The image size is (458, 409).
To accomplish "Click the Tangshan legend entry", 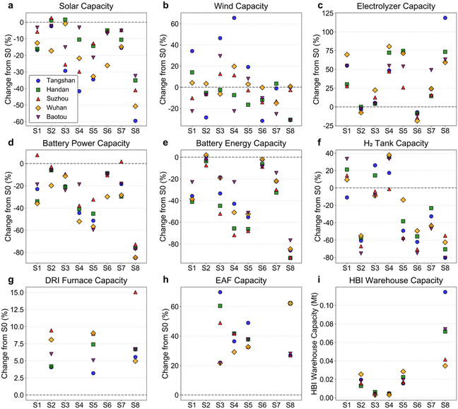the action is pos(54,81).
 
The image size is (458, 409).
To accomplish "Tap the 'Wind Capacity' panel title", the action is pos(241,6).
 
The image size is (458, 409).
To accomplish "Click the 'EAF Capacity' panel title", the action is pos(241,280).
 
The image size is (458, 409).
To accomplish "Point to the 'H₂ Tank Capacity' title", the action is pos(396,143).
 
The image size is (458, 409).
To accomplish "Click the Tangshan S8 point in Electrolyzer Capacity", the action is pos(445,18).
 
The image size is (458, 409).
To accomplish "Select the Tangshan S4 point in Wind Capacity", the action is pos(234,18).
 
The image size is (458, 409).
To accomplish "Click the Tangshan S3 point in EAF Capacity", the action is pos(220,292).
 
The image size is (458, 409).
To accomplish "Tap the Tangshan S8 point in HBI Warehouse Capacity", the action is pos(445,292).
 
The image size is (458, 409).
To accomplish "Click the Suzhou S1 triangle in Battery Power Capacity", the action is pos(37,155).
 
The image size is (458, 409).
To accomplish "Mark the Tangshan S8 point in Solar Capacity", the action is pos(135,121).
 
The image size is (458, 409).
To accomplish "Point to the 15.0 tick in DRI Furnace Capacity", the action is pos(18,292).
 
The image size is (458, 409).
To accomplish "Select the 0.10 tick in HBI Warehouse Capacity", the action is pos(327,306).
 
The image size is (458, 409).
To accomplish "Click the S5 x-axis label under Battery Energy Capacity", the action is pos(248,268).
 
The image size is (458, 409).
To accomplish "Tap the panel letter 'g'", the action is pos(11,280).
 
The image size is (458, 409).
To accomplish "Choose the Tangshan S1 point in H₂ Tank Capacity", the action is pos(347,197).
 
